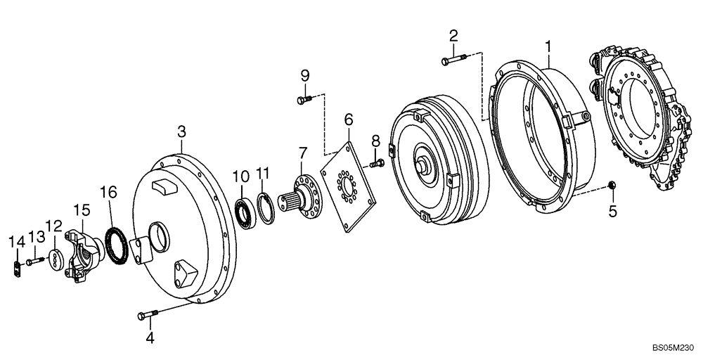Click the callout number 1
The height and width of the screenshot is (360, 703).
(548, 47)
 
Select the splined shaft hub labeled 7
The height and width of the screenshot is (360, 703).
(302, 194)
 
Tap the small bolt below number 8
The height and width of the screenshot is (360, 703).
(375, 164)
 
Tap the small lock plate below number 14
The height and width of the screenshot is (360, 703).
(17, 268)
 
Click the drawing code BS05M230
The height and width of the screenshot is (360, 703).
(673, 347)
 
